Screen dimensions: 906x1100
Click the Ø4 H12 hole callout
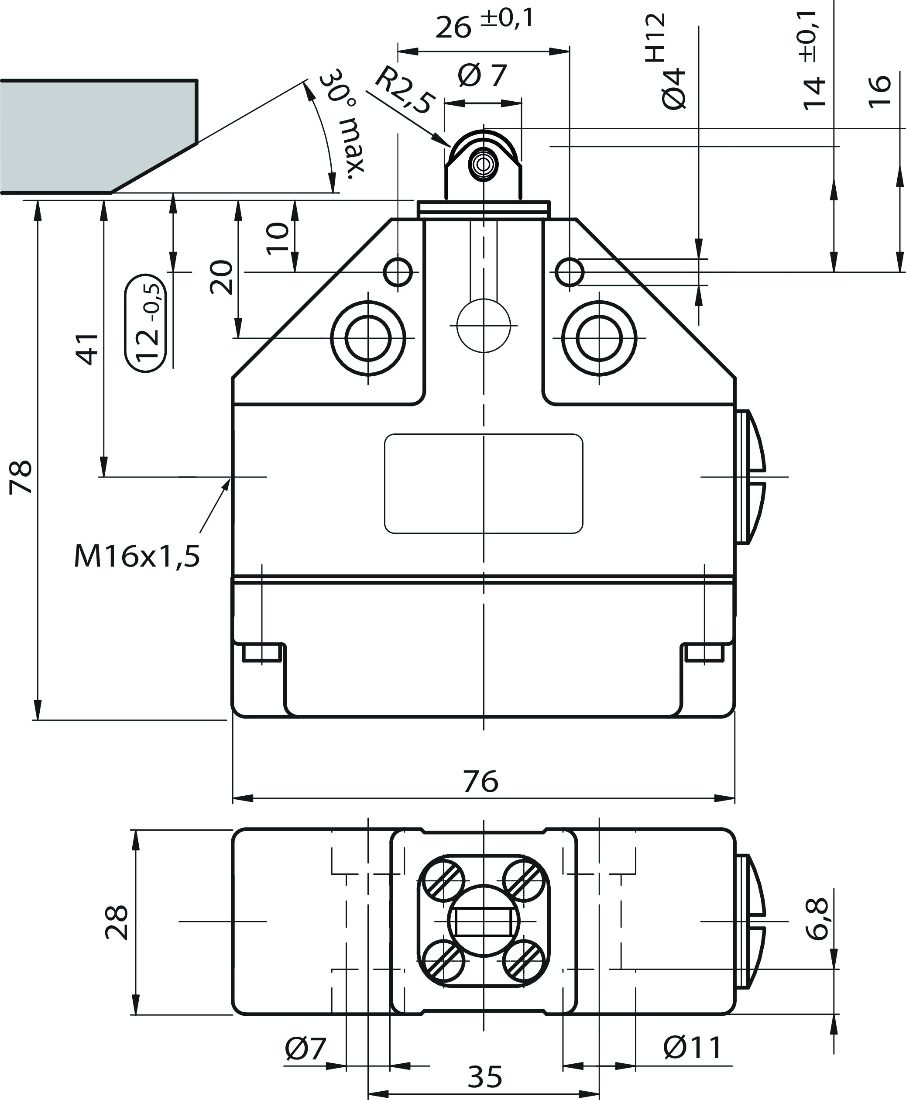click(666, 62)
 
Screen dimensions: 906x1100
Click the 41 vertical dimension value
click(88, 348)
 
